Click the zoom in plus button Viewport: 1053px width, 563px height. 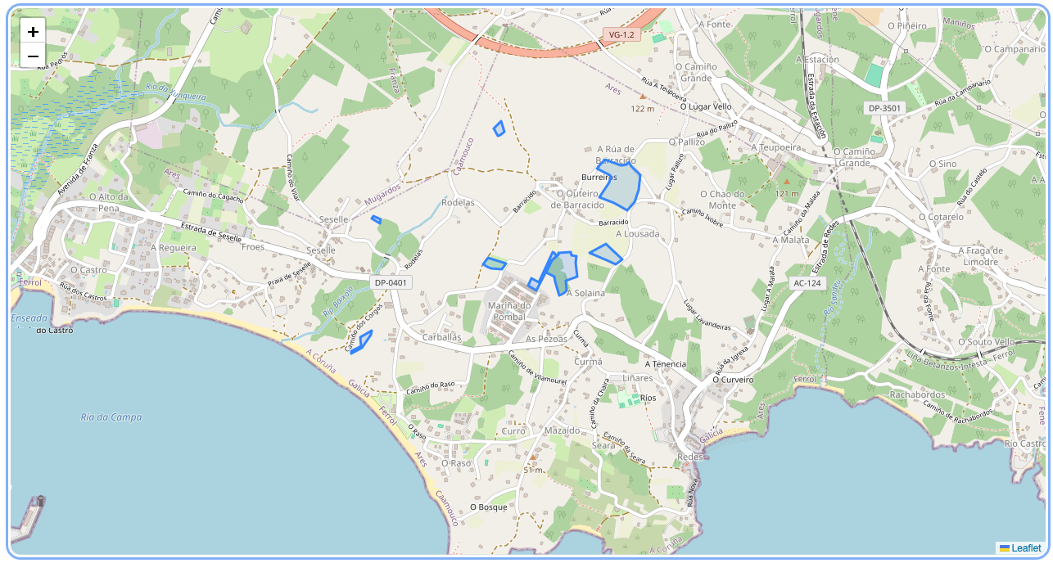tap(33, 32)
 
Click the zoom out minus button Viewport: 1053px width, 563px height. tap(33, 56)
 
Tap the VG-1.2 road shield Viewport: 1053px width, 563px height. tap(621, 35)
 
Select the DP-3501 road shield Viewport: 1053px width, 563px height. tap(884, 108)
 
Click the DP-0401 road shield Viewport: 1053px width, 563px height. tap(391, 282)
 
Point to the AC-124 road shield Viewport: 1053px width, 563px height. tap(807, 283)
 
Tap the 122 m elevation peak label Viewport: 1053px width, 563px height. tap(642, 108)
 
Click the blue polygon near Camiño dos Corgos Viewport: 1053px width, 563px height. tap(362, 341)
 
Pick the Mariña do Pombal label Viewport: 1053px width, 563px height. tap(509, 311)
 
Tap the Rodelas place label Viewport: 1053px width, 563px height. tap(458, 202)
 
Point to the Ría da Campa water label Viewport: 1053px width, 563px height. tap(111, 417)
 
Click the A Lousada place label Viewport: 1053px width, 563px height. tap(635, 234)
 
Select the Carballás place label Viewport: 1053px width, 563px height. tap(441, 337)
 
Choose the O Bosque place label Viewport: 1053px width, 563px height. tap(489, 507)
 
